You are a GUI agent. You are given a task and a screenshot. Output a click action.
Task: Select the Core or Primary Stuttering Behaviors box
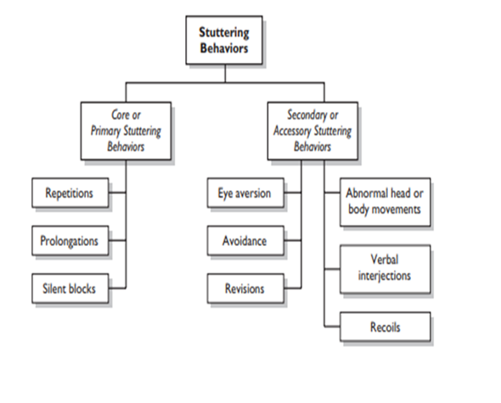(126, 130)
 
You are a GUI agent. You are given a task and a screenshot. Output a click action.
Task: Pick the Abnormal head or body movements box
(386, 201)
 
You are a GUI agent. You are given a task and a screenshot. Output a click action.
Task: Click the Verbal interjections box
(386, 268)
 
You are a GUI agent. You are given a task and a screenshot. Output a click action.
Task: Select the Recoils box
(386, 326)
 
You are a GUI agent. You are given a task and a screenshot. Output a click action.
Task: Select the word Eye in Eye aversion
(223, 193)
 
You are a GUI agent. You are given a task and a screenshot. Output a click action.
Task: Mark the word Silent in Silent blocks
(55, 288)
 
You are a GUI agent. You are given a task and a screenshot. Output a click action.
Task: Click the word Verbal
(386, 260)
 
